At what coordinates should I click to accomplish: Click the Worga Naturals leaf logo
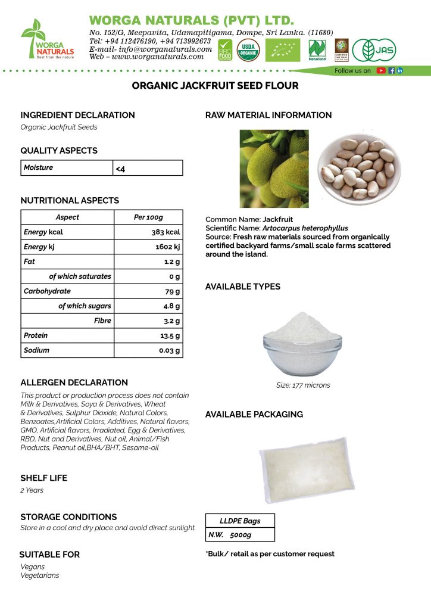point(47,38)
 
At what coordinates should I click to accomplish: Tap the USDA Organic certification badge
point(248,49)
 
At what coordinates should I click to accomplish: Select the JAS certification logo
point(373,50)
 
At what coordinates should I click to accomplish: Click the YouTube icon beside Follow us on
point(381,70)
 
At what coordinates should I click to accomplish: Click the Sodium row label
point(37,350)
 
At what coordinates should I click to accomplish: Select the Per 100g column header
point(148,217)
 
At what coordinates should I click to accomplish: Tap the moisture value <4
point(120,169)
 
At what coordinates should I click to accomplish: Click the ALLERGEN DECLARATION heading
point(74,382)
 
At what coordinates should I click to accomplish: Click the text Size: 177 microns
point(302,385)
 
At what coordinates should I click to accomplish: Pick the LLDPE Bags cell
point(240,521)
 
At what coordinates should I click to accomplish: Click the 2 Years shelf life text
point(32,490)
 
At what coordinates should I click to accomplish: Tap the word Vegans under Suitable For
point(33,567)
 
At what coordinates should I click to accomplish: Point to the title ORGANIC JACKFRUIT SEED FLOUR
point(215,86)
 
